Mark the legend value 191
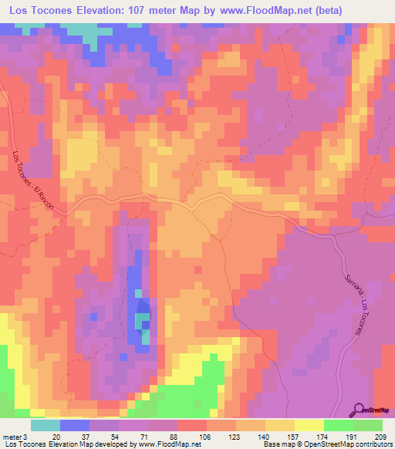tap(353, 437)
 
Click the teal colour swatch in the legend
tap(46, 425)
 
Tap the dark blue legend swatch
tap(75, 425)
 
